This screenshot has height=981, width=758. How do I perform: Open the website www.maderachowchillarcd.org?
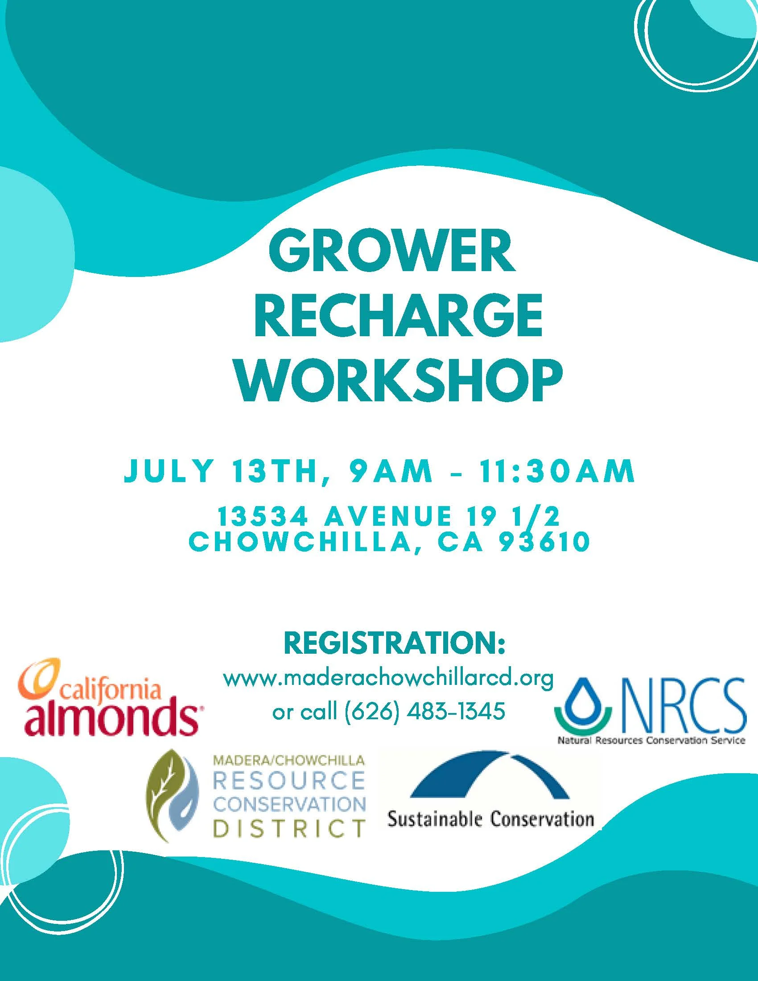tap(388, 679)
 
